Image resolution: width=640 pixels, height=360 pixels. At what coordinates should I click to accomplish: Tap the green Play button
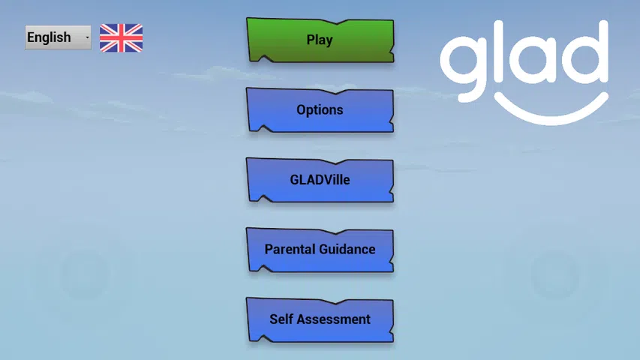coord(320,40)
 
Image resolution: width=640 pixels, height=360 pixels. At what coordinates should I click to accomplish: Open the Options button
coord(320,110)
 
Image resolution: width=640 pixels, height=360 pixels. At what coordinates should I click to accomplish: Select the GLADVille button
coord(320,180)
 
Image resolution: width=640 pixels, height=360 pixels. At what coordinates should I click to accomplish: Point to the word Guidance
coord(347,250)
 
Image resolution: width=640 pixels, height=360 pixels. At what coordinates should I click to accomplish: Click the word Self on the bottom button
coord(281,319)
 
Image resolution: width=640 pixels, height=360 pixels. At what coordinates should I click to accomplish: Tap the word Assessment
coord(333,319)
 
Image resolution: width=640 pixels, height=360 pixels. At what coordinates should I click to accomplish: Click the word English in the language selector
coord(49,37)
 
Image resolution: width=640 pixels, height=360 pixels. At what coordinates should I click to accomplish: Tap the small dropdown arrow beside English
coord(87,37)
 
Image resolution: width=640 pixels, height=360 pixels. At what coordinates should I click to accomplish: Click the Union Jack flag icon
coord(122,38)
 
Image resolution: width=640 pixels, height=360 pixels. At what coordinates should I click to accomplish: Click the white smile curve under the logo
coord(551,118)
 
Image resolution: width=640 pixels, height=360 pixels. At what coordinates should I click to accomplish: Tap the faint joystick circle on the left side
coord(85,274)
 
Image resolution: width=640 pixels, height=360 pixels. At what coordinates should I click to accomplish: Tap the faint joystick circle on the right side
coord(555,276)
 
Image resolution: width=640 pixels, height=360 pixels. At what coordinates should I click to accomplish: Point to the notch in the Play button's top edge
coord(336,22)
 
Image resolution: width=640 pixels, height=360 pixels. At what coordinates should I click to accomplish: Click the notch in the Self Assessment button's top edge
coord(336,302)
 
